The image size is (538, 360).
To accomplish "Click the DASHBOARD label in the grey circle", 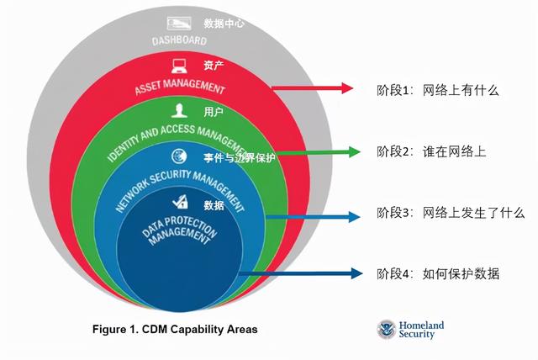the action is tap(179, 41).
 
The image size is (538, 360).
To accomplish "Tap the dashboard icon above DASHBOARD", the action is tap(179, 24).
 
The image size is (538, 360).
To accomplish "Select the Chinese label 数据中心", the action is tap(224, 24).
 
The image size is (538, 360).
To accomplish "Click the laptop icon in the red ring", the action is tap(179, 66).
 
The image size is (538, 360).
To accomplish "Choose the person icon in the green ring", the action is tap(179, 110).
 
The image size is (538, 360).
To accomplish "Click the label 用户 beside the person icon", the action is tap(214, 112).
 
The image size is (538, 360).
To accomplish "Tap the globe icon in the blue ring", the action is tap(179, 156).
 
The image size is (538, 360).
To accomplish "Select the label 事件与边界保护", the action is tap(239, 157).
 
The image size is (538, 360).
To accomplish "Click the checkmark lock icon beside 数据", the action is tap(180, 202).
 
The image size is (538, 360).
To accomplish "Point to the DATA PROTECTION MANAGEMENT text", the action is tap(180, 230).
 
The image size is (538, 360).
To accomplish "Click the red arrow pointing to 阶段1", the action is tap(312, 87).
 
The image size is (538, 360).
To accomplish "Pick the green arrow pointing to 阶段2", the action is tap(318, 151).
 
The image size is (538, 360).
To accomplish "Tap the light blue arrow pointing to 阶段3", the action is tap(313, 216).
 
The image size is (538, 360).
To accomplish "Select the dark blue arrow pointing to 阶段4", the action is tap(301, 273).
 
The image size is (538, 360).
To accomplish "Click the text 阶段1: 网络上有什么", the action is tap(438, 90).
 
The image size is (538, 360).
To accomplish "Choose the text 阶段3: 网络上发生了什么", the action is tap(451, 213).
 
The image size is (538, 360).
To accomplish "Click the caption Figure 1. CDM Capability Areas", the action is tap(175, 330).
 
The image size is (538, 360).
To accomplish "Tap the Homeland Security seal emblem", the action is tap(387, 330).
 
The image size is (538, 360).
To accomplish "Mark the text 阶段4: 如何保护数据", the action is tap(438, 274).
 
